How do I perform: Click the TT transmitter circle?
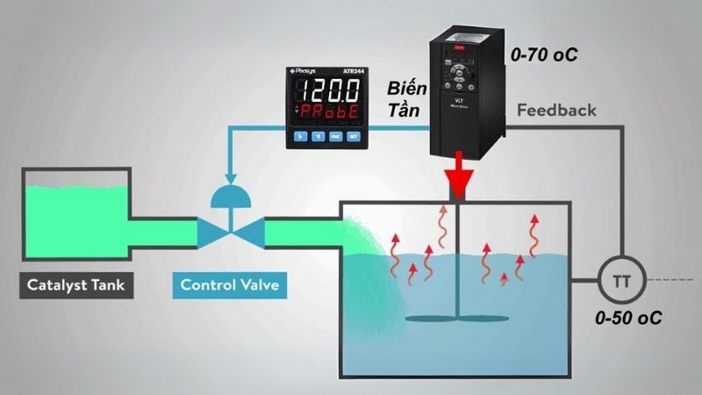point(620,282)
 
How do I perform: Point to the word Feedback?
point(556,111)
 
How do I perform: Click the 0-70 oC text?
point(544,55)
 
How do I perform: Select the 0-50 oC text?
point(627,318)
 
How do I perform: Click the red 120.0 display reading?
point(327,90)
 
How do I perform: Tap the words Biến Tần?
point(405,101)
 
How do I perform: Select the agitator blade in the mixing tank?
point(458,317)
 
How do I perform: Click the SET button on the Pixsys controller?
point(354,138)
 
